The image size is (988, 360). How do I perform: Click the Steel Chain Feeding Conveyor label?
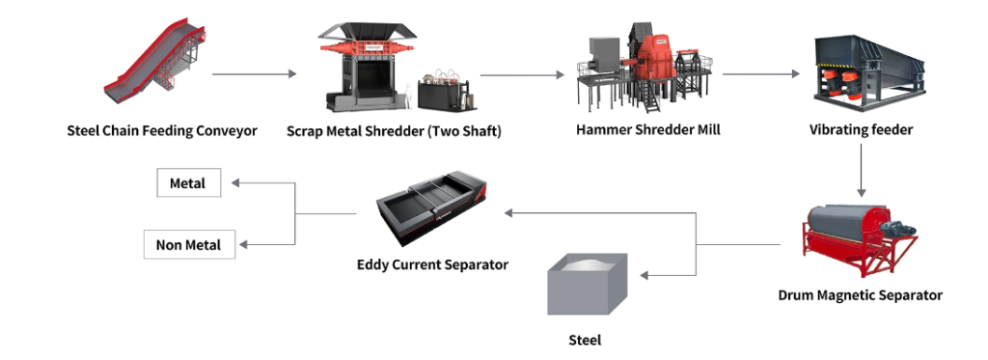[x=162, y=130]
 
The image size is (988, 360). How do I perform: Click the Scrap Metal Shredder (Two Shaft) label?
[x=395, y=130]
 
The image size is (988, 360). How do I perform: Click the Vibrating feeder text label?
[x=861, y=130]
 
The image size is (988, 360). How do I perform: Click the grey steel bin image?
[x=587, y=287]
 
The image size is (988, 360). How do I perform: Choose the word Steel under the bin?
[x=586, y=340]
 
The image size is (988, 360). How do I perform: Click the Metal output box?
[x=188, y=182]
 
